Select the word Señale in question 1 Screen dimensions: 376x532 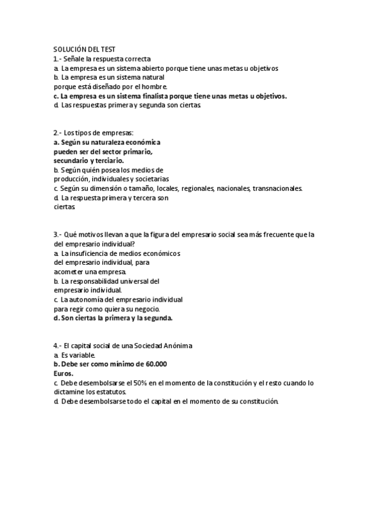point(77,58)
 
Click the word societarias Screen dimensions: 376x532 point(149,179)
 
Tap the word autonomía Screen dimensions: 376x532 point(89,300)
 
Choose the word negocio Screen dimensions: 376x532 point(146,309)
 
